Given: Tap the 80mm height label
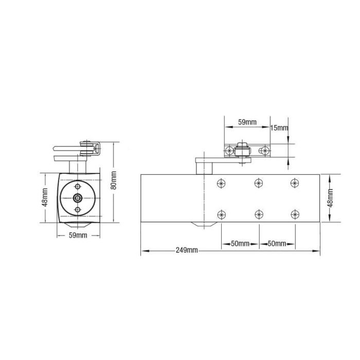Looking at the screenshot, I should pos(114,181).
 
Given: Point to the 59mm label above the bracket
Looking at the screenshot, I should pos(247,122).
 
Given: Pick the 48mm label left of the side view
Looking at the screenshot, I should pos(45,197).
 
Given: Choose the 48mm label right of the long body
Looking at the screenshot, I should pos(330,197).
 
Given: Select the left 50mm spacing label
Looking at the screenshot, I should pos(240,243).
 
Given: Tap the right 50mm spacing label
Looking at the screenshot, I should pos(277,243).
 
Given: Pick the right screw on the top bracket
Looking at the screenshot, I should pos(264,150).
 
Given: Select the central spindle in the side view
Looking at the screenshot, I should pos(77,198).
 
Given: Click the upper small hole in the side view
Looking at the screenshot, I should pos(77,186).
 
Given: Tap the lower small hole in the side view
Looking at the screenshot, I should pos(77,210).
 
